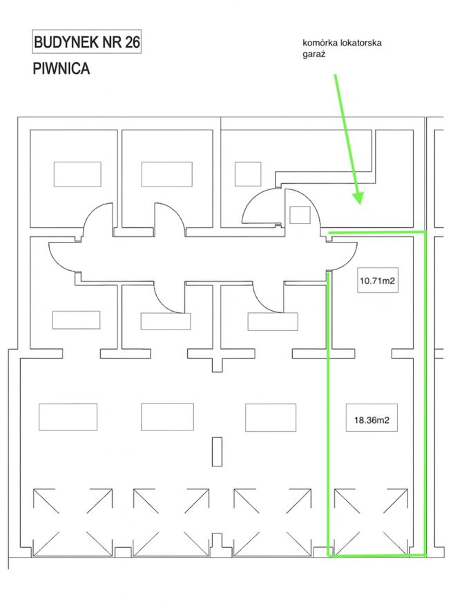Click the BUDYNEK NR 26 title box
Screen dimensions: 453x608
click(x=86, y=41)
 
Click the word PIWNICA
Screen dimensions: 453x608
click(x=61, y=68)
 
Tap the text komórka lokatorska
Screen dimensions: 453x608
click(x=342, y=43)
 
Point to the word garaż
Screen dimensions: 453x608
click(x=314, y=54)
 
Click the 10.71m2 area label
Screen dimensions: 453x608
click(x=378, y=281)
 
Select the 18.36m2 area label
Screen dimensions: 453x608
click(x=372, y=419)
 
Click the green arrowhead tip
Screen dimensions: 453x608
click(x=360, y=204)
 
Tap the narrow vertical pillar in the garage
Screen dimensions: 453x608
click(x=217, y=452)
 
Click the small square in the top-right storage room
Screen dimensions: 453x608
click(x=248, y=174)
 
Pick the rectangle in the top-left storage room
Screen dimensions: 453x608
click(x=77, y=174)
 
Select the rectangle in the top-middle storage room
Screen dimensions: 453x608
click(x=166, y=174)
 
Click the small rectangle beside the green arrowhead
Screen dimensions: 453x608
click(x=300, y=215)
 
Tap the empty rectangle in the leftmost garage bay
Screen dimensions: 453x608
click(x=68, y=417)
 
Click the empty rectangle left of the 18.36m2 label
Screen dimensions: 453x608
click(x=271, y=417)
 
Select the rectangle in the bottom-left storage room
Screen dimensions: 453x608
click(x=76, y=320)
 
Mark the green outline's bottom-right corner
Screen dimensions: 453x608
click(x=425, y=555)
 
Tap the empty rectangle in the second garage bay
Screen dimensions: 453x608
click(x=167, y=417)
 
